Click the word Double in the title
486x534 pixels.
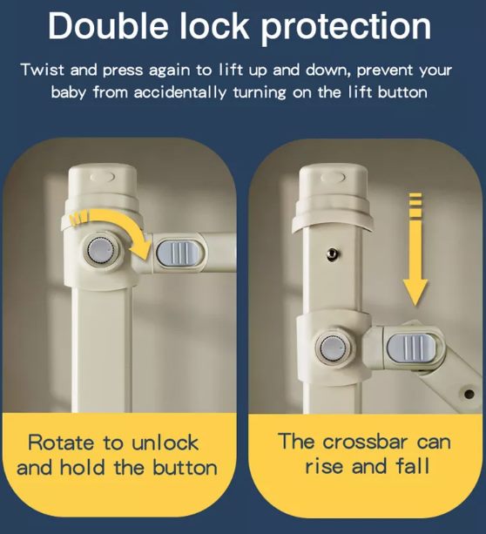click(x=108, y=26)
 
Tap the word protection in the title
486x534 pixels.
click(x=346, y=28)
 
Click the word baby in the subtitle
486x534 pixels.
click(x=68, y=92)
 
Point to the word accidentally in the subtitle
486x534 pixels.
click(x=179, y=92)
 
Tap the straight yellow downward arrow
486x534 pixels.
click(x=415, y=249)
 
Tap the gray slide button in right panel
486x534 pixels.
click(x=411, y=348)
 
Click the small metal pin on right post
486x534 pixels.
click(x=332, y=253)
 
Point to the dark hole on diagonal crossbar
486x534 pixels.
click(x=469, y=395)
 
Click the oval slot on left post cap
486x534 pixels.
click(x=103, y=178)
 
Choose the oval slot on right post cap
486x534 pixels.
click(x=333, y=178)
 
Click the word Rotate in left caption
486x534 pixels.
click(x=61, y=443)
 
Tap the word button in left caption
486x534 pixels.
click(x=185, y=468)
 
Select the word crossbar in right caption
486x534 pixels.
click(x=365, y=442)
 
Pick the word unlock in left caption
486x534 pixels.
click(x=165, y=443)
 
